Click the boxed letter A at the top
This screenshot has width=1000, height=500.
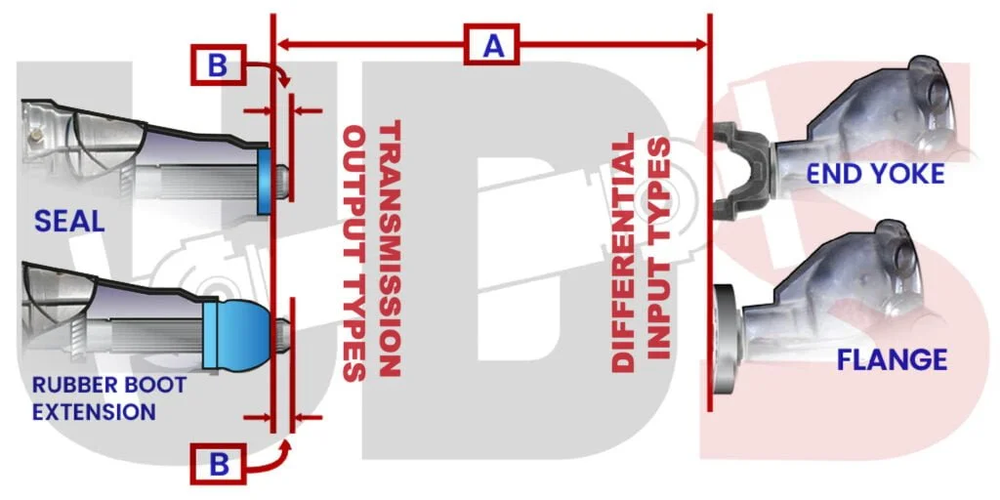click(x=491, y=45)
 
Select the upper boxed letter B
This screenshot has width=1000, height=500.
click(x=218, y=65)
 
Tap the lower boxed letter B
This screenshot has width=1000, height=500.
click(x=218, y=464)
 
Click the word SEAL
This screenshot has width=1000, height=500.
click(x=69, y=222)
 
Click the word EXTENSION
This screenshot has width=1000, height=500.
click(x=94, y=412)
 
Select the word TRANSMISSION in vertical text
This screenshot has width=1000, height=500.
click(x=389, y=248)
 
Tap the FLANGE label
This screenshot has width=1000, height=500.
click(x=892, y=360)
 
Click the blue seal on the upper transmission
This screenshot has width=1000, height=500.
click(x=265, y=182)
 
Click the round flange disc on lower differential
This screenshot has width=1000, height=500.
click(x=728, y=340)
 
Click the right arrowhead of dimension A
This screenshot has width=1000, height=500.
click(x=699, y=45)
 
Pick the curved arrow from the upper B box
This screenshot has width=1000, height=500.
click(x=271, y=69)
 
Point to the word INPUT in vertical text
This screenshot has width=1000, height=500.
click(x=659, y=248)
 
